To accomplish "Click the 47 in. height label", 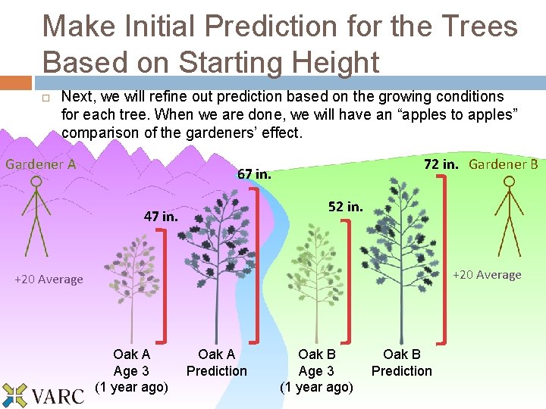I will tap(161, 216).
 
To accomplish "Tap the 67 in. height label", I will tap(254, 174).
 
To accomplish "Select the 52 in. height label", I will tap(345, 206).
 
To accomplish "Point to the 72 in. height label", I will tap(441, 164).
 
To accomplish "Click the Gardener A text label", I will tap(40, 164).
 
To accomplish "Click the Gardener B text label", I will tap(503, 164).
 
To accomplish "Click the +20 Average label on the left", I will tap(49, 279).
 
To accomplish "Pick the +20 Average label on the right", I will tap(487, 275).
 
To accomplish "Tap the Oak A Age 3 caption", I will tap(131, 370).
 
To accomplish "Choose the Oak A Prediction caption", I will tap(216, 363).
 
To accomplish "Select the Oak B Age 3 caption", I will tap(316, 370).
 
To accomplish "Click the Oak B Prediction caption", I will tap(401, 363).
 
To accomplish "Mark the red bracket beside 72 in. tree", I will tap(442, 258).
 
